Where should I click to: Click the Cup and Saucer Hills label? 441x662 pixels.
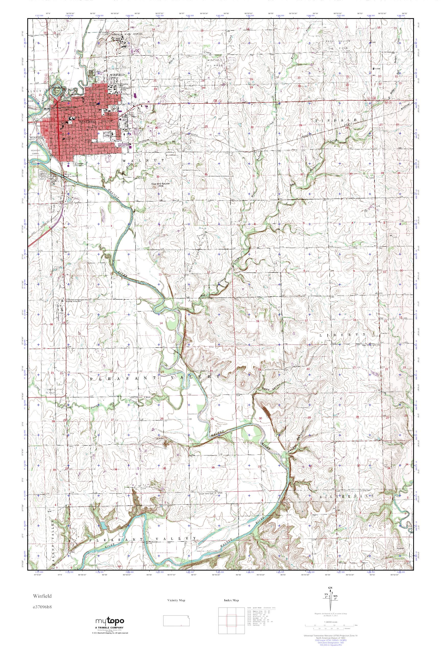pos(157,185)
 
